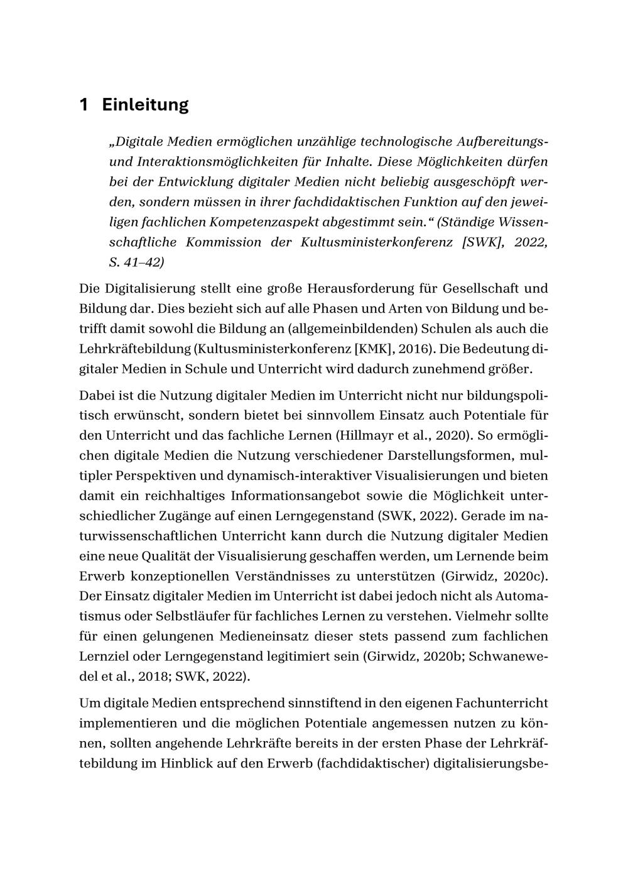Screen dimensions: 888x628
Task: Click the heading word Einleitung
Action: click(145, 104)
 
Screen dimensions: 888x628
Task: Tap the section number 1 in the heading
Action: click(84, 104)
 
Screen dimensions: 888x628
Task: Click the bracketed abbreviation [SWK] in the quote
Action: click(482, 242)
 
